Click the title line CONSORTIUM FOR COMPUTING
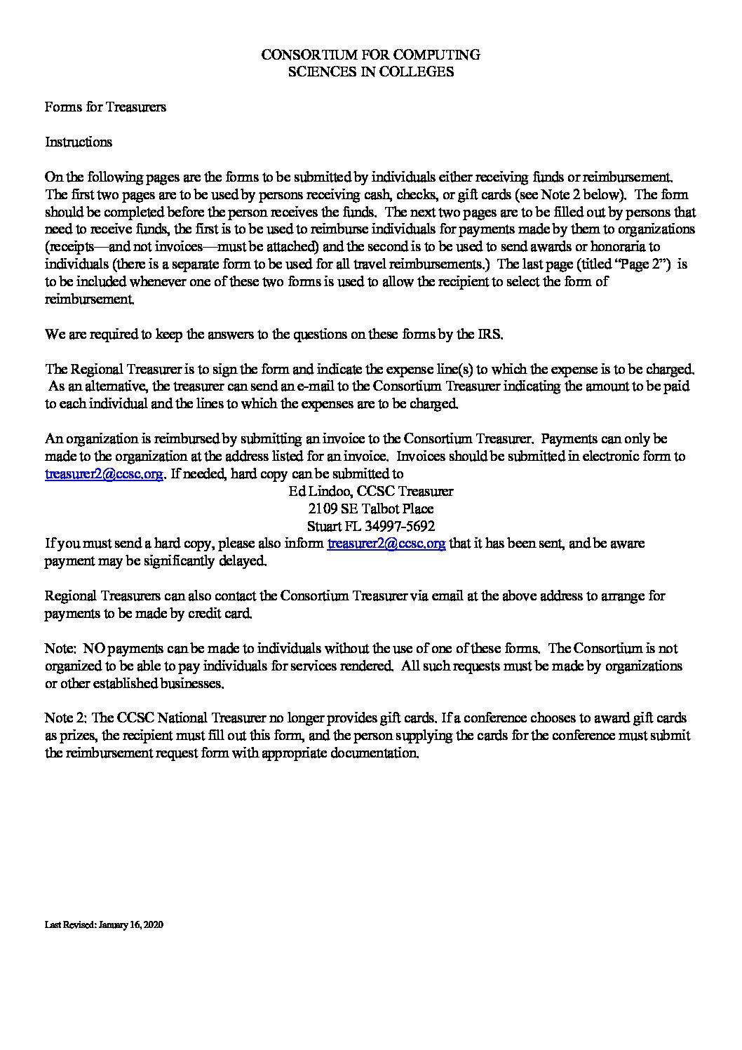pyautogui.click(x=370, y=54)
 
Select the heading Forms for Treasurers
pyautogui.click(x=105, y=107)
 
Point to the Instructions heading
pyautogui.click(x=79, y=142)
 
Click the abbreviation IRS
pyautogui.click(x=490, y=334)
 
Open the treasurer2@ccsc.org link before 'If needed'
pyautogui.click(x=104, y=473)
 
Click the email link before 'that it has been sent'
pyautogui.click(x=386, y=543)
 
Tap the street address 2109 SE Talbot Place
pyautogui.click(x=370, y=509)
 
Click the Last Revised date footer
pyautogui.click(x=104, y=925)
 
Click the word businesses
pyautogui.click(x=189, y=682)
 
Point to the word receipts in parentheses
pyautogui.click(x=72, y=247)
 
